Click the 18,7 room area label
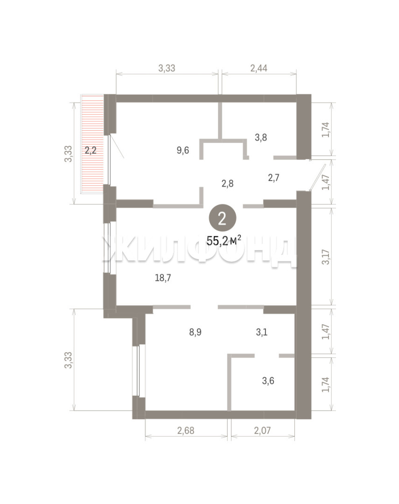(x=163, y=278)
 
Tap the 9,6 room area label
(x=182, y=150)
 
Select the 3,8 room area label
(x=261, y=138)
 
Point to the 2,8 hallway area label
(x=227, y=183)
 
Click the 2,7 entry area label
(x=273, y=177)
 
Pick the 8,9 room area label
(x=195, y=332)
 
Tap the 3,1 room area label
(x=262, y=332)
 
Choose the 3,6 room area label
(x=268, y=381)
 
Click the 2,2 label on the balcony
(x=91, y=150)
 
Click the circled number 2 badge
(x=223, y=218)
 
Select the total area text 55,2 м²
(x=224, y=240)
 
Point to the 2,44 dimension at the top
(x=259, y=68)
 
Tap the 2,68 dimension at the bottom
(x=186, y=430)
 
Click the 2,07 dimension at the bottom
(x=262, y=430)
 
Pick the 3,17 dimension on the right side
(x=326, y=257)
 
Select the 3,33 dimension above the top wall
(x=167, y=68)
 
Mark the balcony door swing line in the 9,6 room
(x=116, y=146)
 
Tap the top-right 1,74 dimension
(x=326, y=130)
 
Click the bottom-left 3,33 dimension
(x=68, y=360)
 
